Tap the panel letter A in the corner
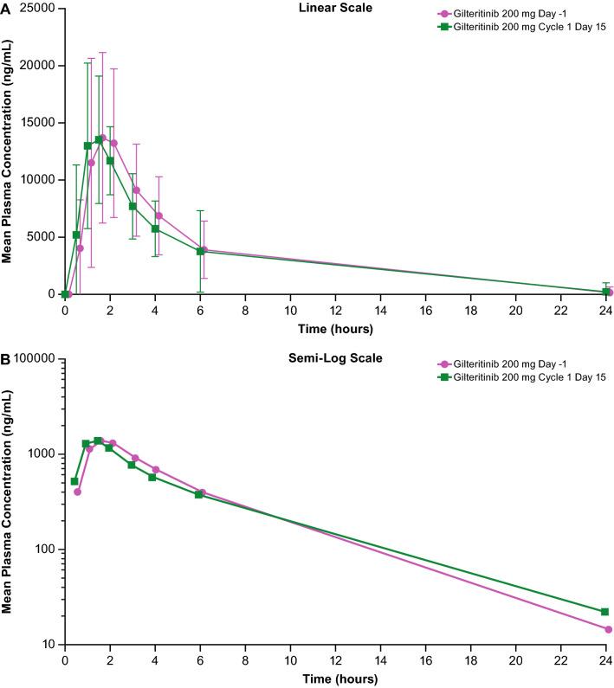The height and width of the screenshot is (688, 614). [x=6, y=7]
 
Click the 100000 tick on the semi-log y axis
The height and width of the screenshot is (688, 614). [x=34, y=358]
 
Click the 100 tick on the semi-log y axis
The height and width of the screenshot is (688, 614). [x=42, y=550]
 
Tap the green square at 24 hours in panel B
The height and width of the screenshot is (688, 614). [x=604, y=612]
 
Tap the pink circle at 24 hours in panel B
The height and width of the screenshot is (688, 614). [x=609, y=629]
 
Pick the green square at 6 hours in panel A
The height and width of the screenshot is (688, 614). [x=200, y=251]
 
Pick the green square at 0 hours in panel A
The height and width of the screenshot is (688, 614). [x=65, y=294]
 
